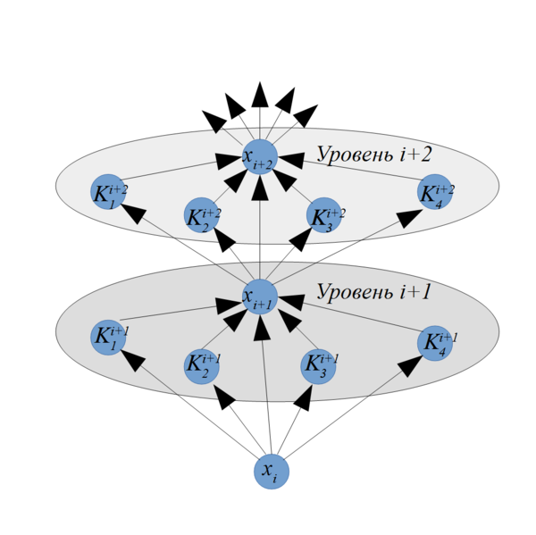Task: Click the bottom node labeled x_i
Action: click(272, 472)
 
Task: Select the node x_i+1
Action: click(260, 297)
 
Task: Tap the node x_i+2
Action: click(260, 157)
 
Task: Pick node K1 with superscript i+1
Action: click(108, 338)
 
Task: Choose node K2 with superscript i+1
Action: click(201, 366)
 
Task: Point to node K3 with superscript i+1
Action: click(318, 366)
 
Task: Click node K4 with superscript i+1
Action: click(435, 343)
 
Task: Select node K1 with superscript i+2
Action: click(108, 192)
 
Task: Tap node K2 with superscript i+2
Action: click(201, 215)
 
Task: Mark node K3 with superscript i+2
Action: click(324, 215)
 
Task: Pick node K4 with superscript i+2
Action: click(435, 192)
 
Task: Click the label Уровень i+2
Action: click(374, 155)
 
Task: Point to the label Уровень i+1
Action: click(373, 292)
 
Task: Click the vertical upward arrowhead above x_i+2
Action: click(260, 95)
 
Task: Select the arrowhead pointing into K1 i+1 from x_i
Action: click(133, 360)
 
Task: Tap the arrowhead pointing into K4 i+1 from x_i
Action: click(410, 366)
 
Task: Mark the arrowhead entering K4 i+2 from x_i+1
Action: click(409, 217)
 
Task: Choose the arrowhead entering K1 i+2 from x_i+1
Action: click(134, 213)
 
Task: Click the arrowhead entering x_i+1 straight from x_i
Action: click(262, 328)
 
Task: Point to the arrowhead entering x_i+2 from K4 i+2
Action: click(291, 160)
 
